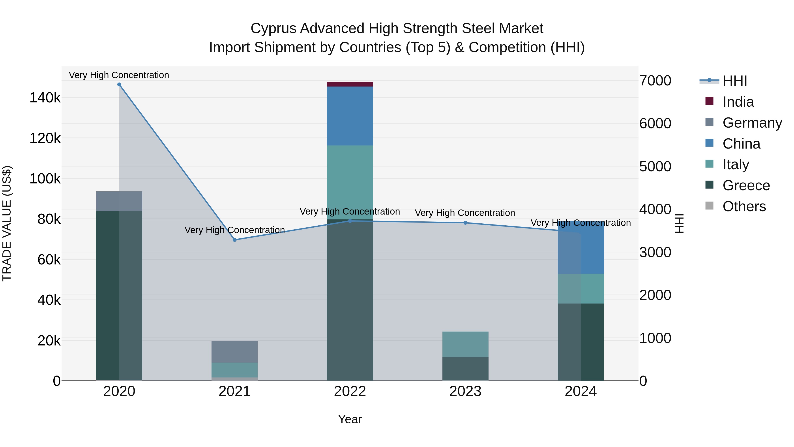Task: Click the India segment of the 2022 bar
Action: pyautogui.click(x=350, y=84)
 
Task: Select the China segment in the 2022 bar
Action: pyautogui.click(x=350, y=116)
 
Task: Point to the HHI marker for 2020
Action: pyautogui.click(x=119, y=85)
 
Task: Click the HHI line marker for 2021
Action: pyautogui.click(x=235, y=240)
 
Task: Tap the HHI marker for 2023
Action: pyautogui.click(x=465, y=223)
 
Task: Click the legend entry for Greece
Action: pyautogui.click(x=746, y=185)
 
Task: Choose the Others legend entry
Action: pyautogui.click(x=744, y=206)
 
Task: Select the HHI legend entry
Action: pyautogui.click(x=734, y=81)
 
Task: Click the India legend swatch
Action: pyautogui.click(x=709, y=101)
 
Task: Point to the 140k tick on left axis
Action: pyautogui.click(x=45, y=98)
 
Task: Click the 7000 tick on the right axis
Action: pyautogui.click(x=655, y=81)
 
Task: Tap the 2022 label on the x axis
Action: pyautogui.click(x=350, y=391)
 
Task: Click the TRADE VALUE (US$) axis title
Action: pyautogui.click(x=7, y=223)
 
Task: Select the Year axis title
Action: pyautogui.click(x=350, y=419)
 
